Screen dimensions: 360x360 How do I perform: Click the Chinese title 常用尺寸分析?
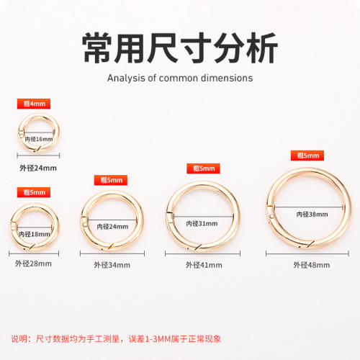pyautogui.click(x=179, y=50)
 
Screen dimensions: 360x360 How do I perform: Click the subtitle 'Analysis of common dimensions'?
pyautogui.click(x=179, y=78)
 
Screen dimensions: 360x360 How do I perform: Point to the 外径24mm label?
pyautogui.click(x=38, y=168)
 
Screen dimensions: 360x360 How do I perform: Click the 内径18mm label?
pyautogui.click(x=34, y=234)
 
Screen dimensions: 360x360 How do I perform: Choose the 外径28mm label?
pyautogui.click(x=34, y=264)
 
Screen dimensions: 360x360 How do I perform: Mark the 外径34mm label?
pyautogui.click(x=111, y=264)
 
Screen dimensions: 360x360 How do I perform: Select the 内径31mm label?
pyautogui.click(x=201, y=223)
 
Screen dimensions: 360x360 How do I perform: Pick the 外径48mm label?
pyautogui.click(x=310, y=264)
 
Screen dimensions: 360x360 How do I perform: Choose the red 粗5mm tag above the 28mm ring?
pyautogui.click(x=34, y=192)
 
